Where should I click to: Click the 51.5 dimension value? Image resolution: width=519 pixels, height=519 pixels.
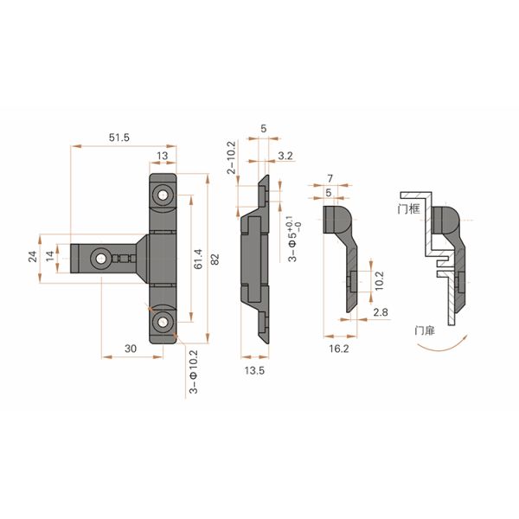121,138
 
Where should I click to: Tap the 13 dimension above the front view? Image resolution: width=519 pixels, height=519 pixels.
163,156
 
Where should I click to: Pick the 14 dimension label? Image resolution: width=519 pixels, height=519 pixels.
51,256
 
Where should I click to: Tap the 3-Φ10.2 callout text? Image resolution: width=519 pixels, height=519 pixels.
192,372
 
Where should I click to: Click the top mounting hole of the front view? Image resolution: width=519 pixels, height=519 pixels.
163,195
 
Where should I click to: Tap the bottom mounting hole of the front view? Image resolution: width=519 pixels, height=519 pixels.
163,325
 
